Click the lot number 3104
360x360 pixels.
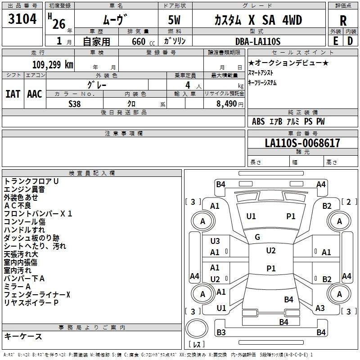point(22,18)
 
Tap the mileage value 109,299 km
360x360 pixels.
point(53,65)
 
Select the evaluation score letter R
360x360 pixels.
point(343,21)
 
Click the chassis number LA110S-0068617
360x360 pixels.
point(302,143)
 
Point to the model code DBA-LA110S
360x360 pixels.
point(258,41)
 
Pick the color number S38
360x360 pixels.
point(74,104)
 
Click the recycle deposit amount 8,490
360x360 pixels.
point(226,104)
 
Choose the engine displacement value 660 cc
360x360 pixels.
point(143,41)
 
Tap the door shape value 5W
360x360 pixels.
point(174,20)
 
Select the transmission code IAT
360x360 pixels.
point(13,94)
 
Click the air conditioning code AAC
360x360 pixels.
point(35,94)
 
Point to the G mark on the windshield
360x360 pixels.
point(257,237)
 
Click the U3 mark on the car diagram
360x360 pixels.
point(215,241)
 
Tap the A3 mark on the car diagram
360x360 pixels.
point(320,308)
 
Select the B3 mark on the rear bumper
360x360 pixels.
point(221,332)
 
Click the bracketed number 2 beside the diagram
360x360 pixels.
point(348,202)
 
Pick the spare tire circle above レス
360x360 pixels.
point(197,328)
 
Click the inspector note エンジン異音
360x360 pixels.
point(24,189)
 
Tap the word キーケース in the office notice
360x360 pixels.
point(23,336)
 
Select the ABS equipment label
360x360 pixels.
point(258,121)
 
